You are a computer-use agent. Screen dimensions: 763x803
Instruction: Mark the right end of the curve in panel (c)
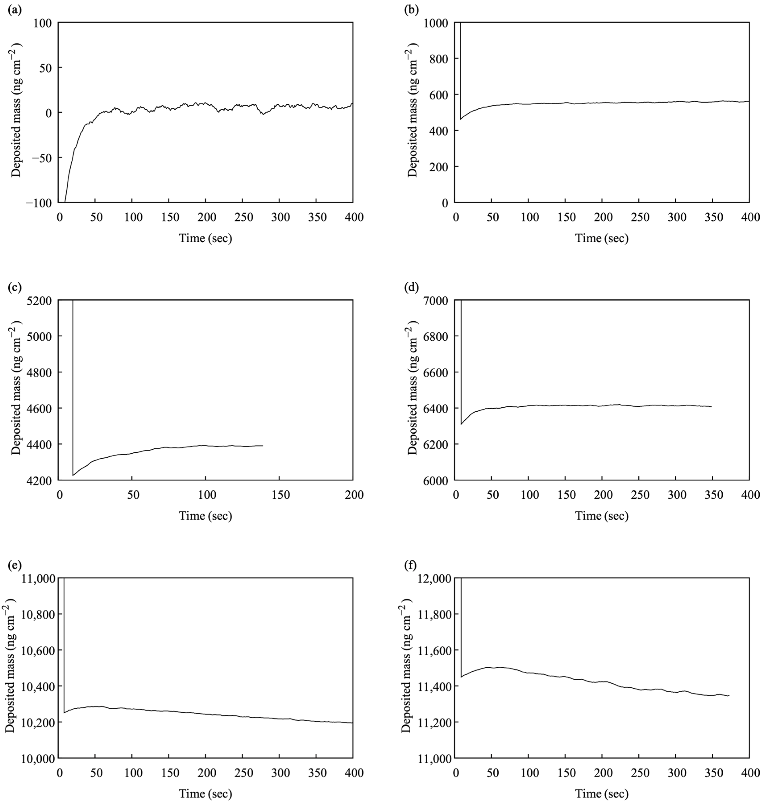click(x=263, y=446)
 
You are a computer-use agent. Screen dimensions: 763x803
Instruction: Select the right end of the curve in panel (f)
click(x=729, y=696)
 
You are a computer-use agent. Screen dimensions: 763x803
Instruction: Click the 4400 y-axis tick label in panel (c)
click(x=40, y=445)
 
